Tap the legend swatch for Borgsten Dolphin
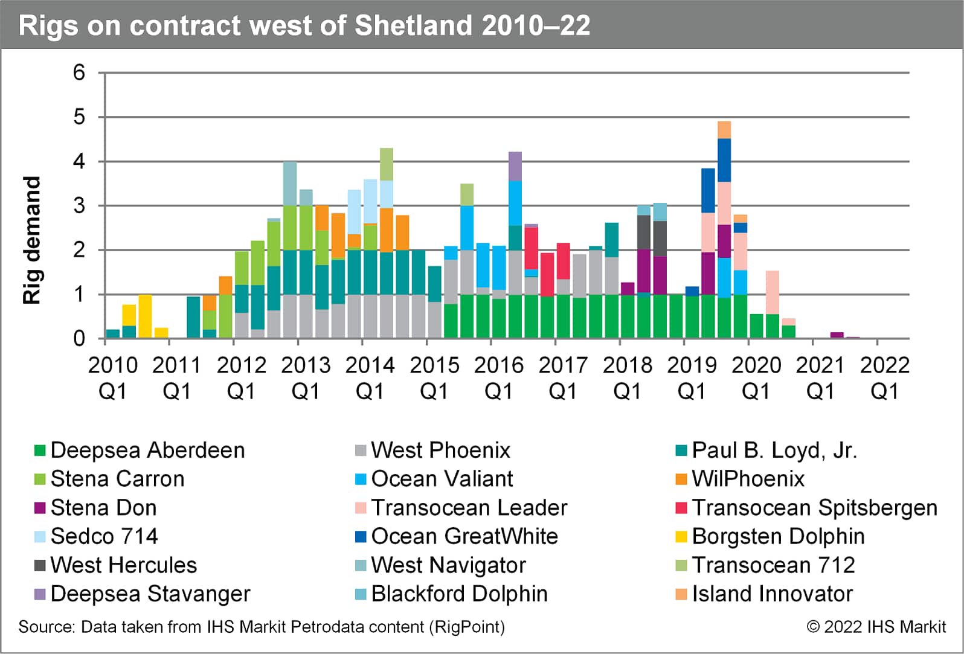pyautogui.click(x=681, y=536)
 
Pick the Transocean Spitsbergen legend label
pyautogui.click(x=814, y=508)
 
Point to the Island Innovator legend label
pyautogui.click(x=772, y=594)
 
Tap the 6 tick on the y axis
pyautogui.click(x=79, y=72)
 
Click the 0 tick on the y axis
pyautogui.click(x=79, y=338)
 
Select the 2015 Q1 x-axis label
pyautogui.click(x=434, y=378)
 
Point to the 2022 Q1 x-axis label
pyautogui.click(x=884, y=378)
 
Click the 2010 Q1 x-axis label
pyautogui.click(x=113, y=378)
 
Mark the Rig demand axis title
pyautogui.click(x=31, y=240)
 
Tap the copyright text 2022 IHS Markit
pyautogui.click(x=876, y=627)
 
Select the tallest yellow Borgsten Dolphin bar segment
pyautogui.click(x=145, y=316)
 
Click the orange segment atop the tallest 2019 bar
pyautogui.click(x=724, y=130)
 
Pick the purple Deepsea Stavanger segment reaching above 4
pyautogui.click(x=515, y=166)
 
